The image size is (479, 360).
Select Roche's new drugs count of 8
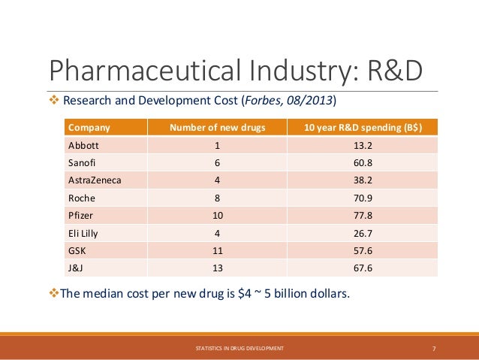click(218, 198)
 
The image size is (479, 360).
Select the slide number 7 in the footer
click(435, 348)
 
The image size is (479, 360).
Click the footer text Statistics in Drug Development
click(239, 348)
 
